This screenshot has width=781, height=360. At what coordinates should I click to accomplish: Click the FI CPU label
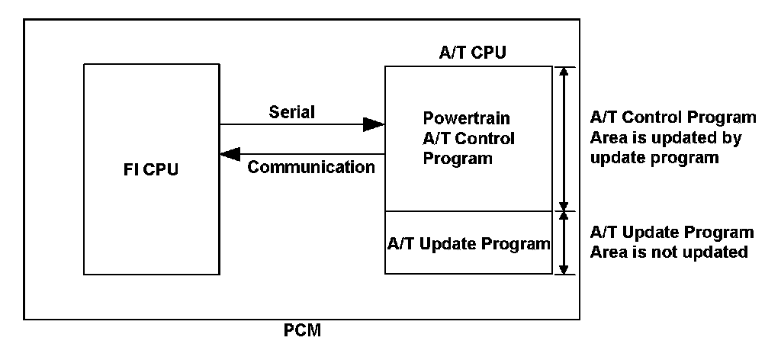150,169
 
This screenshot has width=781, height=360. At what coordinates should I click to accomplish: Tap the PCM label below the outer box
303,333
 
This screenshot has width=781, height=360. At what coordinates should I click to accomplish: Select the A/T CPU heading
473,53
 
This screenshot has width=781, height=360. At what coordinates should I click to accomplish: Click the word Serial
291,112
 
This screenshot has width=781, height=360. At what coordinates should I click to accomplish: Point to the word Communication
311,167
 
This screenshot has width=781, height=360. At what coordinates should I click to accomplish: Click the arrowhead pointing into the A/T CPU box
374,124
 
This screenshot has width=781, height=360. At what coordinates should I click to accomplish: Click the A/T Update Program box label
468,244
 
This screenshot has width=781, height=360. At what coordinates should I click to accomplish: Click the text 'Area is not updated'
669,252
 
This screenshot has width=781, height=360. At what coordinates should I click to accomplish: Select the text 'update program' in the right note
654,158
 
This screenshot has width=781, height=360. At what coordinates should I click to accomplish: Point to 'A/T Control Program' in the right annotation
673,118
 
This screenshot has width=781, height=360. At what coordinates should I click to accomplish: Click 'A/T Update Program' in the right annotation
672,232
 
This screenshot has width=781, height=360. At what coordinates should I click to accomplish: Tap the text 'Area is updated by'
666,138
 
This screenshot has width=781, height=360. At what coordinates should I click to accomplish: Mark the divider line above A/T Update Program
468,211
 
